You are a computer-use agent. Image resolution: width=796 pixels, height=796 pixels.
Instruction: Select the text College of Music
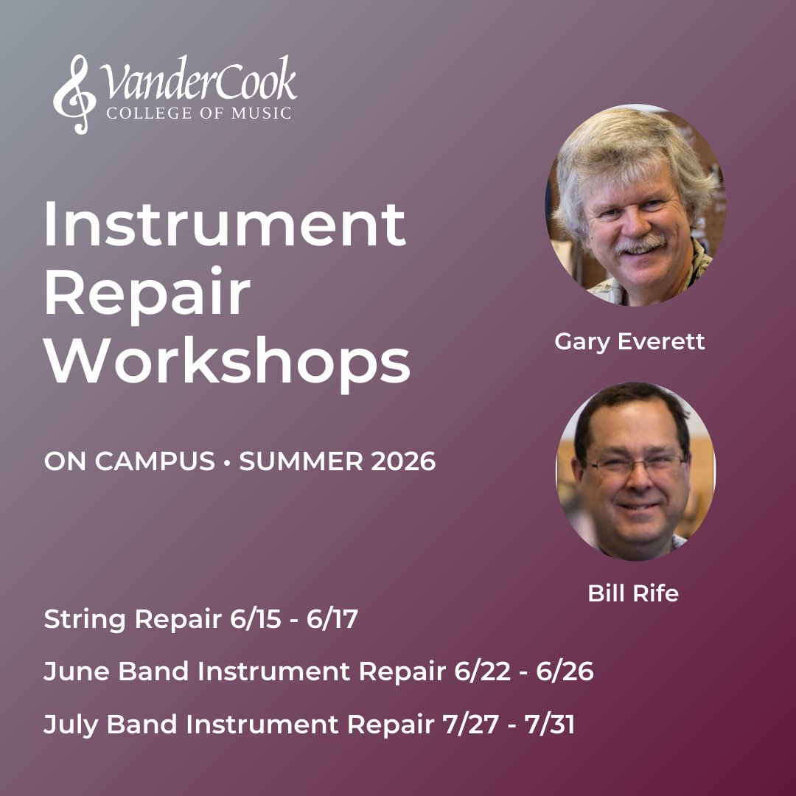click(198, 113)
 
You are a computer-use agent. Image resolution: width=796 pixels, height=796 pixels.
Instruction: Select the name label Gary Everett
click(629, 342)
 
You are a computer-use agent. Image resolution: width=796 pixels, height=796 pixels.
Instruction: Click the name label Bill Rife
click(633, 593)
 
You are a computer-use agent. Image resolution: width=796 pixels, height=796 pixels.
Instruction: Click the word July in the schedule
click(71, 725)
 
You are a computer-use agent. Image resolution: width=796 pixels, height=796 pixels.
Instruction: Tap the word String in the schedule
click(84, 620)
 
